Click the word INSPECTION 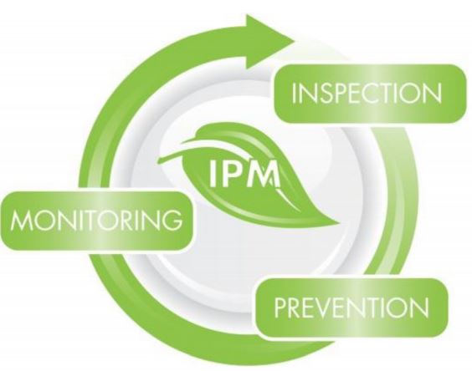point(367,93)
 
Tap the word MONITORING point(96,220)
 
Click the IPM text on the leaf point(244,174)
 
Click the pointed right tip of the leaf point(340,224)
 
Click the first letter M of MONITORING point(21,220)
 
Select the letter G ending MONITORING point(172,220)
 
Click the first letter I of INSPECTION point(295,94)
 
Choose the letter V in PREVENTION point(332,307)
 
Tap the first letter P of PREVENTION point(281,307)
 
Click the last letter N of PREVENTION point(419,307)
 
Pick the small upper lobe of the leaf point(217,132)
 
